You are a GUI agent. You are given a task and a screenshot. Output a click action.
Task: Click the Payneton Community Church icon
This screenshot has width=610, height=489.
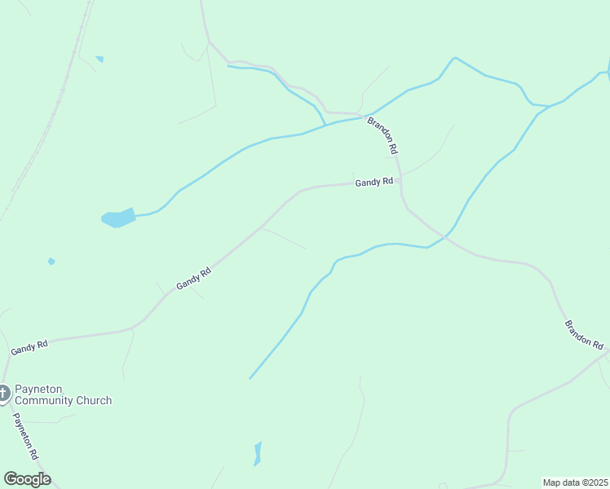tap(3, 394)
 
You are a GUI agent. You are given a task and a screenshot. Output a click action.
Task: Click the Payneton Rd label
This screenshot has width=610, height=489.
tap(25, 437)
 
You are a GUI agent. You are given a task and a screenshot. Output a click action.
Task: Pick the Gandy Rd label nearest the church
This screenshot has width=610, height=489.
tap(29, 347)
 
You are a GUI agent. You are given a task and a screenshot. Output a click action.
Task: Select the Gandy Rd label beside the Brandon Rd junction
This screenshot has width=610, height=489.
tap(374, 183)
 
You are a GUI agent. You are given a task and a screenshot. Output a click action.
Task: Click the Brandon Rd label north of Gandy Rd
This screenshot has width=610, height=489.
tap(382, 135)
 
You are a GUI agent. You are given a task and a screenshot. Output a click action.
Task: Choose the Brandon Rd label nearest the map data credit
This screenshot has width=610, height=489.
tap(583, 334)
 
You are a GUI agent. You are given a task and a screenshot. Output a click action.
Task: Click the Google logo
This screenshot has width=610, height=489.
tap(27, 479)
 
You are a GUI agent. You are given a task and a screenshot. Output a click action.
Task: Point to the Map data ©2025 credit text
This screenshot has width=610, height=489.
tap(575, 482)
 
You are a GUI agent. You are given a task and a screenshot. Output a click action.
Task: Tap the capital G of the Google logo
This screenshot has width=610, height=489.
tap(11, 479)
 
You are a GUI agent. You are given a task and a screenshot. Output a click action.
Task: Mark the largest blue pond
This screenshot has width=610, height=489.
tap(117, 218)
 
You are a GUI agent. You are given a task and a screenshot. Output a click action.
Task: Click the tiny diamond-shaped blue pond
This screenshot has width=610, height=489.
tap(51, 262)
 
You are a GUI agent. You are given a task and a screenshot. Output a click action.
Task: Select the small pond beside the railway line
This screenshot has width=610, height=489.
tap(99, 59)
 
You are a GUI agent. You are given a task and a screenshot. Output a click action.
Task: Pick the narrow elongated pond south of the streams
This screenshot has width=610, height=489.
tap(258, 453)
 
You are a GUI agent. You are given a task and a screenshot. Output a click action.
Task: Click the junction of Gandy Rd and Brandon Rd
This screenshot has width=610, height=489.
tap(400, 181)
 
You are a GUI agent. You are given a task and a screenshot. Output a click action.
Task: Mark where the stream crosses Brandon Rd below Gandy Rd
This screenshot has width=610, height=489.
tap(442, 237)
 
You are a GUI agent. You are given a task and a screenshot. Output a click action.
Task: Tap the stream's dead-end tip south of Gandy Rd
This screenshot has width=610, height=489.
tap(250, 378)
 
